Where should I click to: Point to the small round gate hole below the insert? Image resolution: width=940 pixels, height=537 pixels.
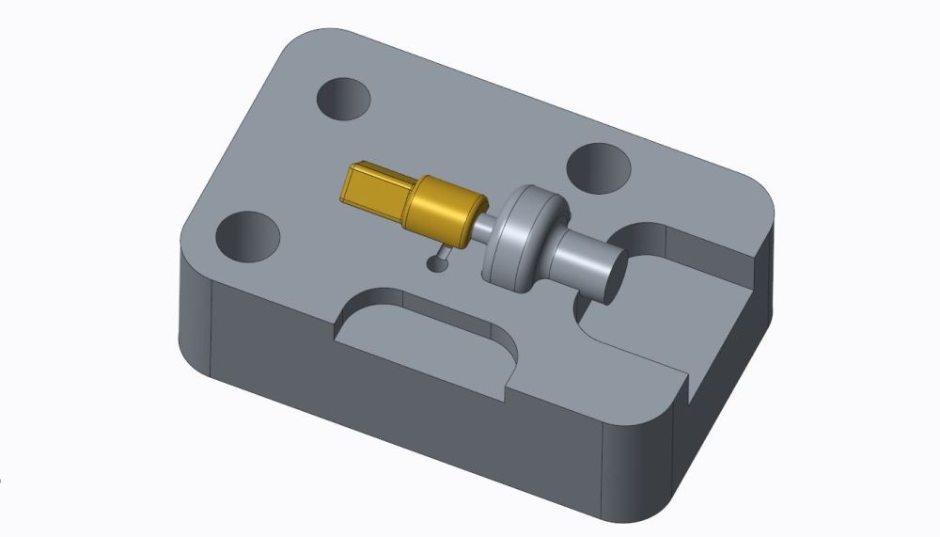[435, 264]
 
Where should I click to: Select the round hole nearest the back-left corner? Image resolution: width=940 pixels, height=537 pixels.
[343, 98]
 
